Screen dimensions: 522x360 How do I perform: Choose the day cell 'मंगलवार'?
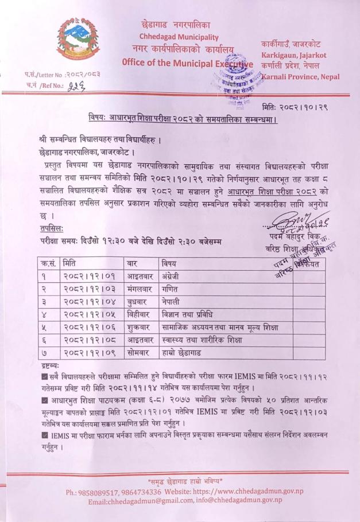click(x=140, y=290)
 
